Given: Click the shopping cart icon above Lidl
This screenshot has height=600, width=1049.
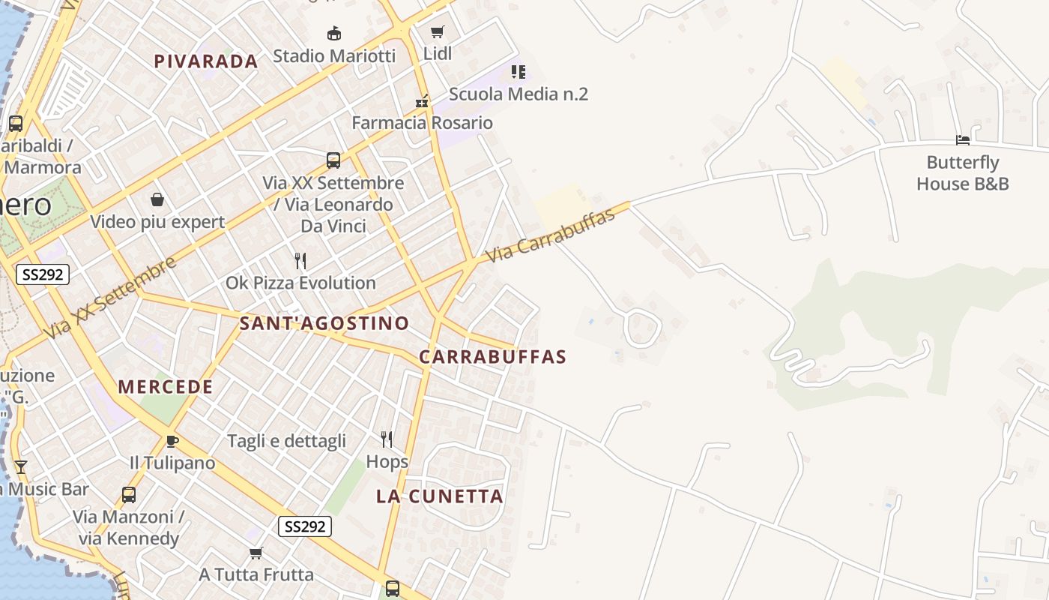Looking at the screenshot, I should coord(437,31).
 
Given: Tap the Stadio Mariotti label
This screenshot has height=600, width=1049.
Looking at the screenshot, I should coord(334,55).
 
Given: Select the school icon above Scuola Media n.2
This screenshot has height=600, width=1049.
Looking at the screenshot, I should coord(519,72).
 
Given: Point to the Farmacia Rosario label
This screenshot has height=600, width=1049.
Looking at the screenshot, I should coord(423,122).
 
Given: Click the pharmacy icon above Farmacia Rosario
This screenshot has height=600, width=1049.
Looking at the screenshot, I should coord(423,101).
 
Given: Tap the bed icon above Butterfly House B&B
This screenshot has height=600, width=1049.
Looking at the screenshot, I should coord(963,140).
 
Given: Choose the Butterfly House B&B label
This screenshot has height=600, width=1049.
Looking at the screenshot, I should coord(963,173).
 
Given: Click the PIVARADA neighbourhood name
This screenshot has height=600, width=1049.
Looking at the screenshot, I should coord(206,61).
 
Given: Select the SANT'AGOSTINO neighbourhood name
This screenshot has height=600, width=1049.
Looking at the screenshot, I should coord(324,323).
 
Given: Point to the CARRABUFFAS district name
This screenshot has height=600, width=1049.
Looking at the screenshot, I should coord(492,357).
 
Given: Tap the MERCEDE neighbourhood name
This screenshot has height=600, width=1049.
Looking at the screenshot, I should coord(166,387).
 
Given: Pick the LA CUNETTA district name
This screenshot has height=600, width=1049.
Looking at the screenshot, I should coord(440,496).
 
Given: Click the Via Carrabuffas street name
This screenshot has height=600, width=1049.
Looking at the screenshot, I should coord(551,235).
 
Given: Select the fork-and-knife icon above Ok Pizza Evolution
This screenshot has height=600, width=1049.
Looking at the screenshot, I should coord(300,261).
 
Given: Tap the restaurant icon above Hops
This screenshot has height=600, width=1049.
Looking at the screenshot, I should coord(387,439).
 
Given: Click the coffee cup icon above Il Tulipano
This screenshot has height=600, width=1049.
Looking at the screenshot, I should coord(172,441).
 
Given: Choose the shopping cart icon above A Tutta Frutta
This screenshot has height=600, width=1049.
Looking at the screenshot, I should coord(256,553).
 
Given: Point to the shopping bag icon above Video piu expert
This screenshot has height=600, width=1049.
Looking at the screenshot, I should coord(157,199).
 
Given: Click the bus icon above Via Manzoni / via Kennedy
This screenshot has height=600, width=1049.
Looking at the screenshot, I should coord(129,495).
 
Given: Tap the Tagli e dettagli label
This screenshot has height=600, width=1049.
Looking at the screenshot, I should coord(286,440).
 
